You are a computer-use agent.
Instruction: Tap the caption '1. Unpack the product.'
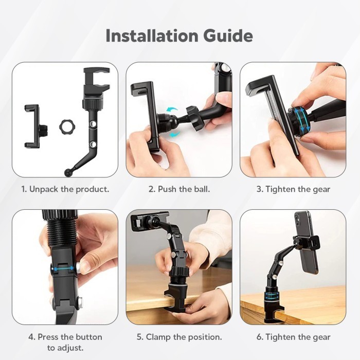(x=65, y=189)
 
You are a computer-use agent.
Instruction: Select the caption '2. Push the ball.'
(x=179, y=189)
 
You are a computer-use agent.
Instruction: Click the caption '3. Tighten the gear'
(x=293, y=189)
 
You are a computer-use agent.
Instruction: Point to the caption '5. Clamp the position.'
(x=179, y=337)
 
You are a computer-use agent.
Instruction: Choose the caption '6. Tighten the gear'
(x=293, y=337)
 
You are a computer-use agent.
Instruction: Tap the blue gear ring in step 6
(x=278, y=297)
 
